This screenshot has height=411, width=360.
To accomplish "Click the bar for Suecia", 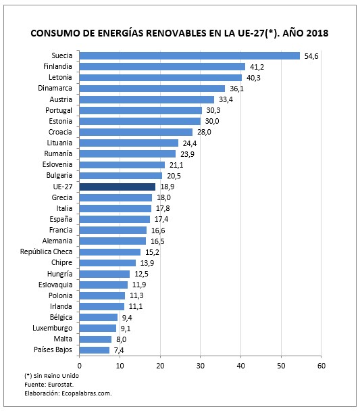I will [189, 55].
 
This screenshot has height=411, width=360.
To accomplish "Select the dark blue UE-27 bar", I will [118, 187].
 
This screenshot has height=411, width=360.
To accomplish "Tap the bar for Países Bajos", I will [95, 349].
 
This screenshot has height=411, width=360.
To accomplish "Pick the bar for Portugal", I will [140, 110].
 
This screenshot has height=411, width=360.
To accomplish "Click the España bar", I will [115, 219].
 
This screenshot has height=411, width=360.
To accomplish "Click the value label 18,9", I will [167, 187].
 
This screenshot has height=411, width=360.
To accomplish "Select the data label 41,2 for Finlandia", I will [256, 66].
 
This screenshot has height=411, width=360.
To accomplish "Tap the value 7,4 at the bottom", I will [120, 349].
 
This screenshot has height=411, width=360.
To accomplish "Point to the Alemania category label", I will [58, 241].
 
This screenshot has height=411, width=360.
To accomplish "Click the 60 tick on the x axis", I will [322, 366].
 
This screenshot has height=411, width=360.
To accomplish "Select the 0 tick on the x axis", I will [80, 366].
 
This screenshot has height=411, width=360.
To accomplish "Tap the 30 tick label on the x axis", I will [201, 366].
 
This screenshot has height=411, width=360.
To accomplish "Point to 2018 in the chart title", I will [315, 32].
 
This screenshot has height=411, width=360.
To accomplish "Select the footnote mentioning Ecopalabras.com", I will [68, 393].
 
